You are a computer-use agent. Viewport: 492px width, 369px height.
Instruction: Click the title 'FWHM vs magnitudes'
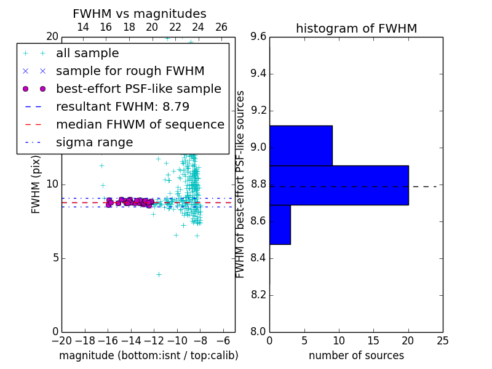tap(140, 14)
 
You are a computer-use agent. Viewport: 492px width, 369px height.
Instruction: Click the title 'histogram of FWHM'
tap(357, 28)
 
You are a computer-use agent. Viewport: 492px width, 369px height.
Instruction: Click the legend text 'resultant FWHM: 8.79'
tap(122, 106)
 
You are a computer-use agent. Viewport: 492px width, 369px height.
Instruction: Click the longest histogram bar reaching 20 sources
tap(339, 185)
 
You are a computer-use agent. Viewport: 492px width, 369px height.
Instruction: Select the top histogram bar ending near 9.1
tap(301, 145)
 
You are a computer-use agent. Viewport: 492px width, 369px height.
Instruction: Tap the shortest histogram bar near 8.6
tap(280, 224)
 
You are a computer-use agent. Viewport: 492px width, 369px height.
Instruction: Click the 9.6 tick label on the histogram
tap(258, 37)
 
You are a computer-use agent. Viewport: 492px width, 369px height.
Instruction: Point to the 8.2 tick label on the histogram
tap(258, 295)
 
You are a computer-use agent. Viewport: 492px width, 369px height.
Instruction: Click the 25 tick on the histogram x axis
tap(443, 341)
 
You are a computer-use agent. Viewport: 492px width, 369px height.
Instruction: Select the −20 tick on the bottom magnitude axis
tap(62, 341)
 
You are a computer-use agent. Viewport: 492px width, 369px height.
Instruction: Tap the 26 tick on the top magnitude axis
tap(221, 27)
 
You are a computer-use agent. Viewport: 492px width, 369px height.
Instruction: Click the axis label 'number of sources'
tap(357, 355)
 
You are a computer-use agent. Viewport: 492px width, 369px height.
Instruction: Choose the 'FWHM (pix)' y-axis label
tap(36, 185)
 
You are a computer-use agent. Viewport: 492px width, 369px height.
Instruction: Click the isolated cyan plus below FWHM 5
tap(159, 274)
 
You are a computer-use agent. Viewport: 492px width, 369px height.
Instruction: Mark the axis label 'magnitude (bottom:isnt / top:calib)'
tap(149, 355)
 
